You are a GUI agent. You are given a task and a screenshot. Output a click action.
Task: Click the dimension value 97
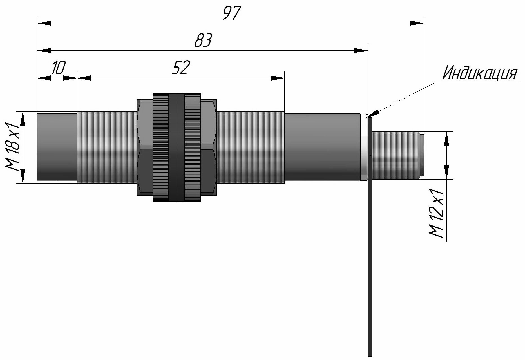click(x=232, y=13)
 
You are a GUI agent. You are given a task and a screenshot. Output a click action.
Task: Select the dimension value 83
click(x=203, y=41)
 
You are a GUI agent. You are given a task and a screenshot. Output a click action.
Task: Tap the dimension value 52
click(x=181, y=68)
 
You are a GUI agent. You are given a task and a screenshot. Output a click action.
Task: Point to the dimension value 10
click(x=58, y=68)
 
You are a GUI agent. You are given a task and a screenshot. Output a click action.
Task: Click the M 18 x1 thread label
click(x=13, y=147)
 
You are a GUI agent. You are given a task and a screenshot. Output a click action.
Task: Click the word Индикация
click(x=480, y=73)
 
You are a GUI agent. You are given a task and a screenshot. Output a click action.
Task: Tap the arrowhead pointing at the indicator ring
click(x=372, y=113)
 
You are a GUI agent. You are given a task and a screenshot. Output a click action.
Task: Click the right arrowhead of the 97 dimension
click(x=417, y=23)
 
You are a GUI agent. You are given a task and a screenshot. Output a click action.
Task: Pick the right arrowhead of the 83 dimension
click(x=361, y=50)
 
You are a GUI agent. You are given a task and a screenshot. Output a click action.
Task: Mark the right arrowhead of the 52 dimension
click(x=277, y=78)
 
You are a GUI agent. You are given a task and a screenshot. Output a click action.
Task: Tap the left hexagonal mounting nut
click(x=145, y=147)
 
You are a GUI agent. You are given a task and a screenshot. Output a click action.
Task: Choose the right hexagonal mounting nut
click(x=209, y=147)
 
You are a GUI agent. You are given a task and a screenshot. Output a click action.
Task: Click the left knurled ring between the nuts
click(x=161, y=147)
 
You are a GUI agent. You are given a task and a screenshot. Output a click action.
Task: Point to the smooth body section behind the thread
click(x=322, y=147)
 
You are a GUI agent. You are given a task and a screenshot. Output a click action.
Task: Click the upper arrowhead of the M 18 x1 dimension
click(x=23, y=118)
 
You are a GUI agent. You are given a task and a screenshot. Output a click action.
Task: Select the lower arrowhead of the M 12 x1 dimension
click(x=446, y=172)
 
